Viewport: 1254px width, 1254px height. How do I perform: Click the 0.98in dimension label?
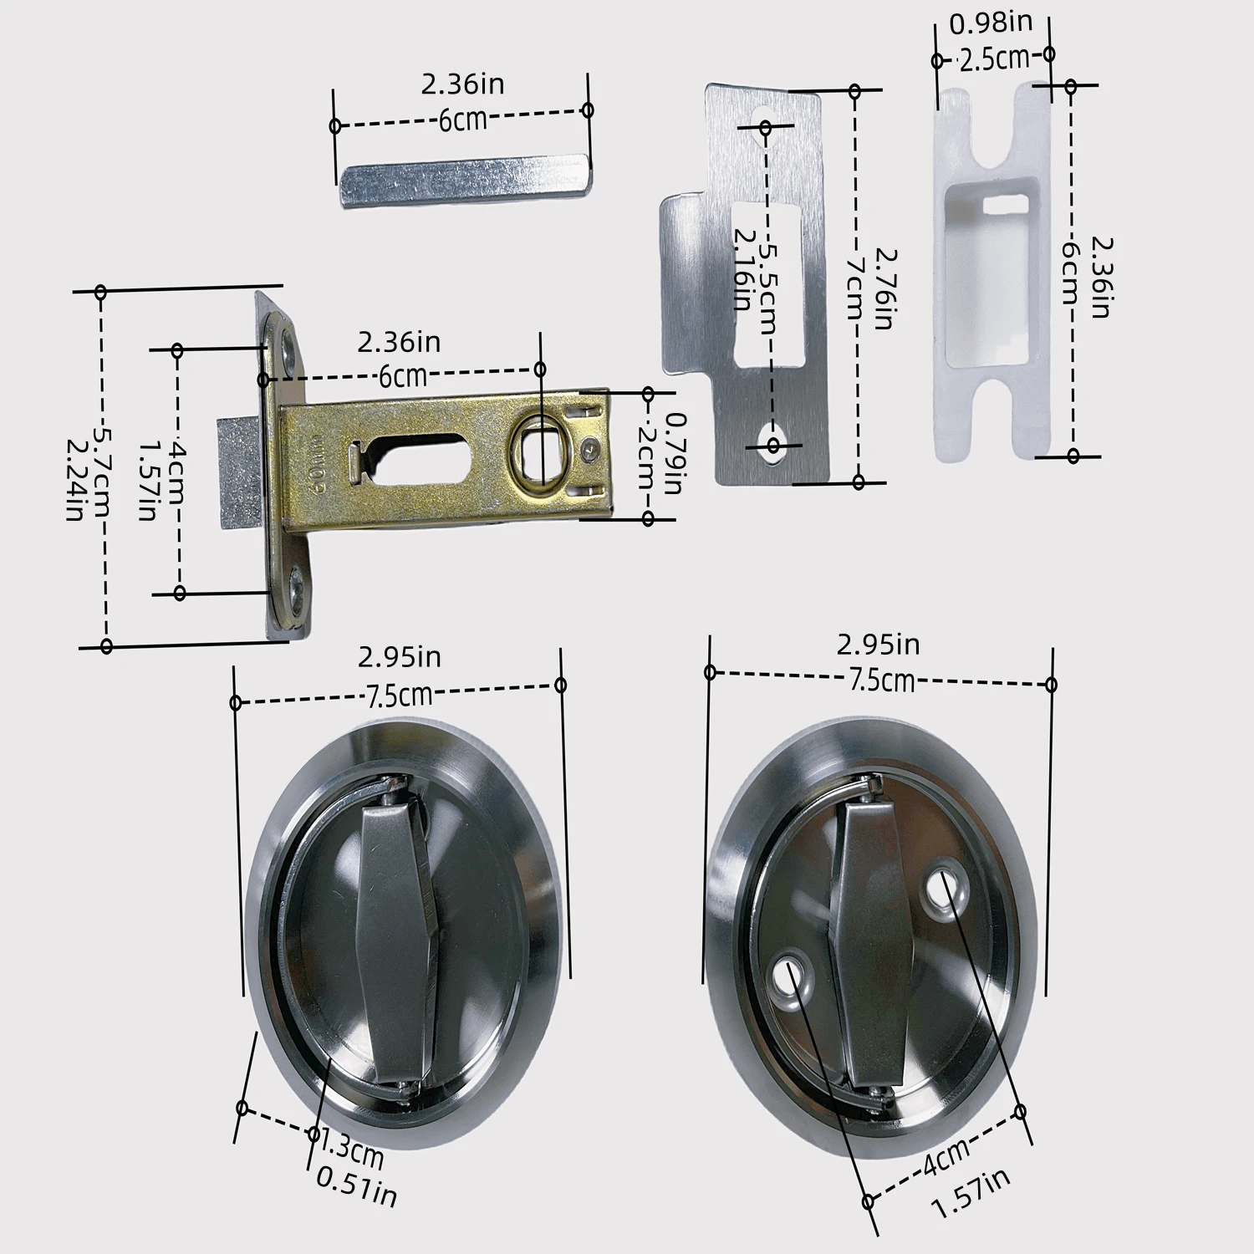[x=991, y=23]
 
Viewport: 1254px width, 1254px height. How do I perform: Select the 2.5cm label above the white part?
[x=994, y=59]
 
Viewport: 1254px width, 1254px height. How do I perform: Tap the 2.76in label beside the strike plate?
[x=884, y=288]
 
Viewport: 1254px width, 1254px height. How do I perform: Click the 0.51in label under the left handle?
[x=356, y=1188]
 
